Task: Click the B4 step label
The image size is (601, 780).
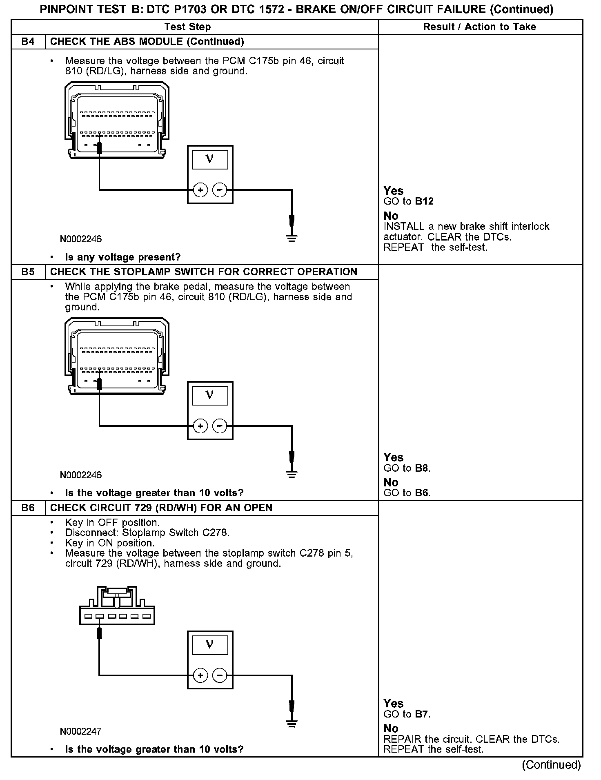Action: click(28, 42)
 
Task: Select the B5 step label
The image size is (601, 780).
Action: click(28, 272)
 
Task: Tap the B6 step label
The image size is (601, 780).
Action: click(28, 508)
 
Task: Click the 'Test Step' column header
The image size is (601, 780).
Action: click(187, 27)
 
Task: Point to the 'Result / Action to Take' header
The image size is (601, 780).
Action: click(479, 27)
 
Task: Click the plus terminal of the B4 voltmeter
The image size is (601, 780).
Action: click(200, 190)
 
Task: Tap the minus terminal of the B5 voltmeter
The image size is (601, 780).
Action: click(220, 426)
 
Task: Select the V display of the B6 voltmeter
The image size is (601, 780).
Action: click(210, 644)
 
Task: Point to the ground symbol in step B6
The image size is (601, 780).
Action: click(292, 724)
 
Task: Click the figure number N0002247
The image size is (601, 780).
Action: click(81, 731)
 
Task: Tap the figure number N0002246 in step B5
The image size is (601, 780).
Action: click(81, 475)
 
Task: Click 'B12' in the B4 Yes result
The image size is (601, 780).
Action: click(424, 201)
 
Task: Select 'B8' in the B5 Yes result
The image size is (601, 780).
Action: click(422, 468)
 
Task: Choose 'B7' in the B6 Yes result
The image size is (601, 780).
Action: click(422, 714)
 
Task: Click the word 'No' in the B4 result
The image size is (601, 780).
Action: click(391, 216)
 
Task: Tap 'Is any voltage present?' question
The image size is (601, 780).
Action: click(123, 257)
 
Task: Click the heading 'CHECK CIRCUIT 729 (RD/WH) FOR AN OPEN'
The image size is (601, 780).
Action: click(161, 508)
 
